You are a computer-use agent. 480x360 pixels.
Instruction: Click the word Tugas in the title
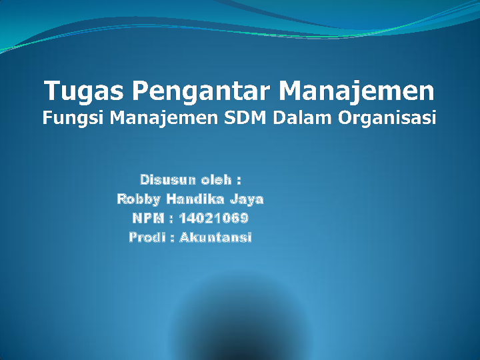pyautogui.click(x=84, y=91)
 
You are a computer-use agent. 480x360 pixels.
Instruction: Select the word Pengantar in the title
pyautogui.click(x=201, y=91)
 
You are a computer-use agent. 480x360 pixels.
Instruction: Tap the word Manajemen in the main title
pyautogui.click(x=357, y=91)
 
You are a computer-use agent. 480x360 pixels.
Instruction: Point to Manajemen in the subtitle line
pyautogui.click(x=164, y=117)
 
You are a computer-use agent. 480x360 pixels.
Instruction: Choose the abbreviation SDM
pyautogui.click(x=245, y=117)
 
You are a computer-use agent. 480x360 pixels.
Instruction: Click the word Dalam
pyautogui.click(x=302, y=117)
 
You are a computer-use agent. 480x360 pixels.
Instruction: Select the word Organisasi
pyautogui.click(x=387, y=118)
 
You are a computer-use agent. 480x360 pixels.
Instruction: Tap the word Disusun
pyautogui.click(x=168, y=180)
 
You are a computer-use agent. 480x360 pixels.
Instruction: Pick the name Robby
pyautogui.click(x=139, y=199)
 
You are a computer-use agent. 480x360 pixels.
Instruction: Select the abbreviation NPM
pyautogui.click(x=148, y=218)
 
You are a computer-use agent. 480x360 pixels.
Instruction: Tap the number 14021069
pyautogui.click(x=213, y=218)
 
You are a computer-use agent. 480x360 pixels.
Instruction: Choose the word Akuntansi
pyautogui.click(x=215, y=237)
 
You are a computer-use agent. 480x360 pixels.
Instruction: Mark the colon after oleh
pyautogui.click(x=239, y=181)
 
